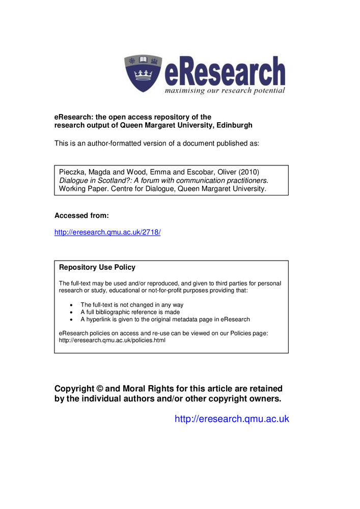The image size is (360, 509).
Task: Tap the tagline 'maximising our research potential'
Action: [x=225, y=91]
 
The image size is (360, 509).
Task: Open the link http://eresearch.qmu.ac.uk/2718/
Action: [x=107, y=232]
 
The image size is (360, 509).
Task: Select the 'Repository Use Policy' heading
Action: [x=97, y=267]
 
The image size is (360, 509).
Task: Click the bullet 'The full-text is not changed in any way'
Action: [x=132, y=305]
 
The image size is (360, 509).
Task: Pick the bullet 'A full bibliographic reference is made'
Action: [x=130, y=312]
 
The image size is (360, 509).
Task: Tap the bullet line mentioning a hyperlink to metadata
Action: [x=165, y=320]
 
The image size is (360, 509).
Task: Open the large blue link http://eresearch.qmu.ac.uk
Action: [x=232, y=419]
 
